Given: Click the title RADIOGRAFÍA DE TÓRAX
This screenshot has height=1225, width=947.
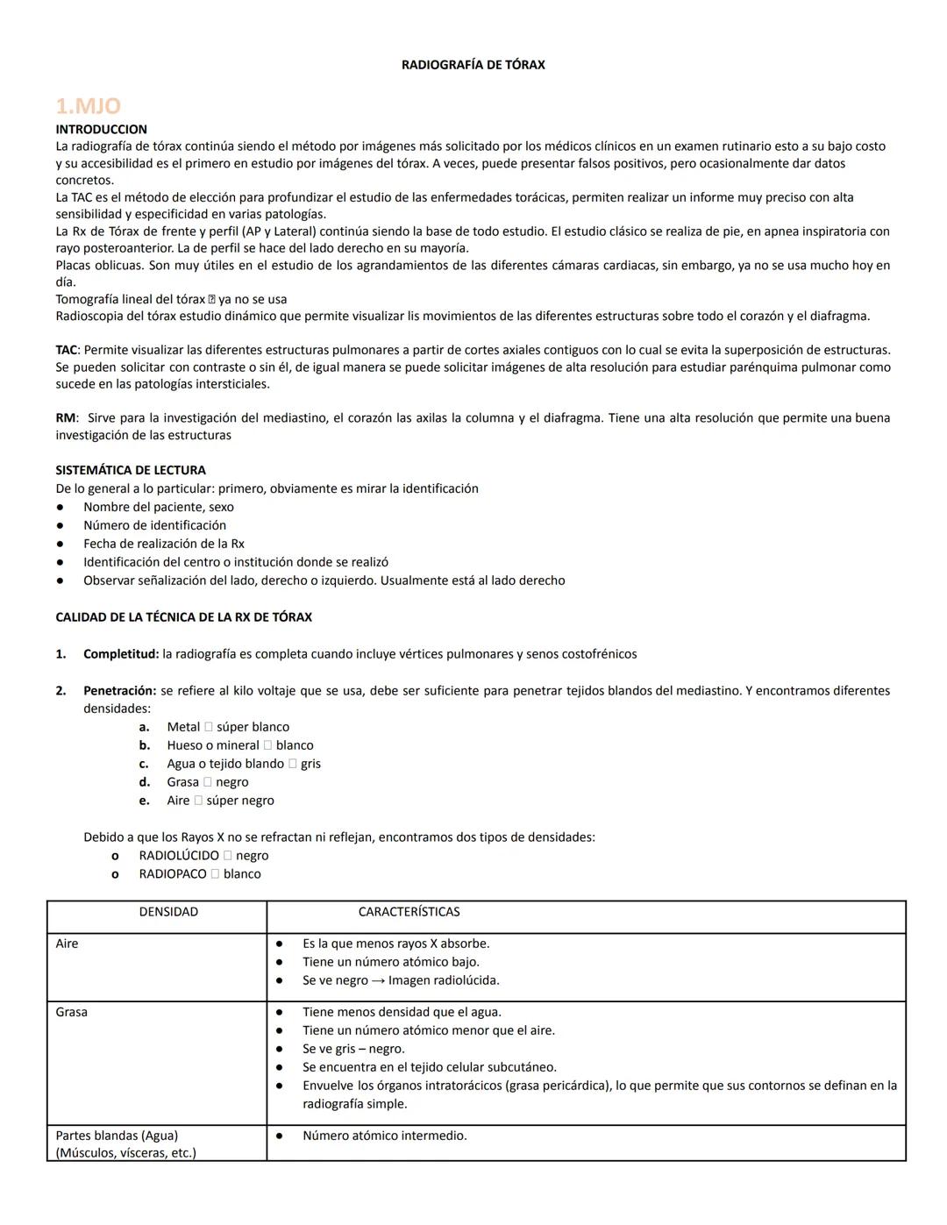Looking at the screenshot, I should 473,65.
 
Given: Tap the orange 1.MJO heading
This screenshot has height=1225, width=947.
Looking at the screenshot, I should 88,106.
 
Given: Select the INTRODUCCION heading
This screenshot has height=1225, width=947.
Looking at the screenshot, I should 101,129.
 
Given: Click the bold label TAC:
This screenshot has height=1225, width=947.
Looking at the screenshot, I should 68,350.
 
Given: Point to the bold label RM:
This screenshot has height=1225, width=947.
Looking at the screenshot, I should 66,418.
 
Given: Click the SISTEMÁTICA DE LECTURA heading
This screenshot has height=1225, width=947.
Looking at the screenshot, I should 131,470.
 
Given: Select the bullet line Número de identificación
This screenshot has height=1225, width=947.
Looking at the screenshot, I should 154,525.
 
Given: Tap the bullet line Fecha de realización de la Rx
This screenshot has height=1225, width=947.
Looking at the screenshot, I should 163,544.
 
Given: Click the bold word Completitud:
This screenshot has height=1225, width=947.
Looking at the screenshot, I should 121,654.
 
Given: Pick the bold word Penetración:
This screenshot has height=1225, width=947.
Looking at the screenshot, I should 119,691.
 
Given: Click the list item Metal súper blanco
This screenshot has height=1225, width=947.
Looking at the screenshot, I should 228,727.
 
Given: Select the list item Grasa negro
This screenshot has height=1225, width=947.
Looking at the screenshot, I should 208,782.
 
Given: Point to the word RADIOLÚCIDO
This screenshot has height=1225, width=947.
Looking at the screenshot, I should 179,856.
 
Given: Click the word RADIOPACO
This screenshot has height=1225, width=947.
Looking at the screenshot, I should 173,874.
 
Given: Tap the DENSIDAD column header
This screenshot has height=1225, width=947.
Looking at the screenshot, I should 168,912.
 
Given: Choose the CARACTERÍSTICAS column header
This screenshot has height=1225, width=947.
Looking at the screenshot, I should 409,912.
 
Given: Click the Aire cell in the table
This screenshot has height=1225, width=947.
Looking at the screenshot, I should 67,944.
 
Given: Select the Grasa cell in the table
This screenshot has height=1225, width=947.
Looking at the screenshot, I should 71,1012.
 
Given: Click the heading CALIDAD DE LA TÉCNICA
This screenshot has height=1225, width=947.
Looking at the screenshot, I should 183,617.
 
